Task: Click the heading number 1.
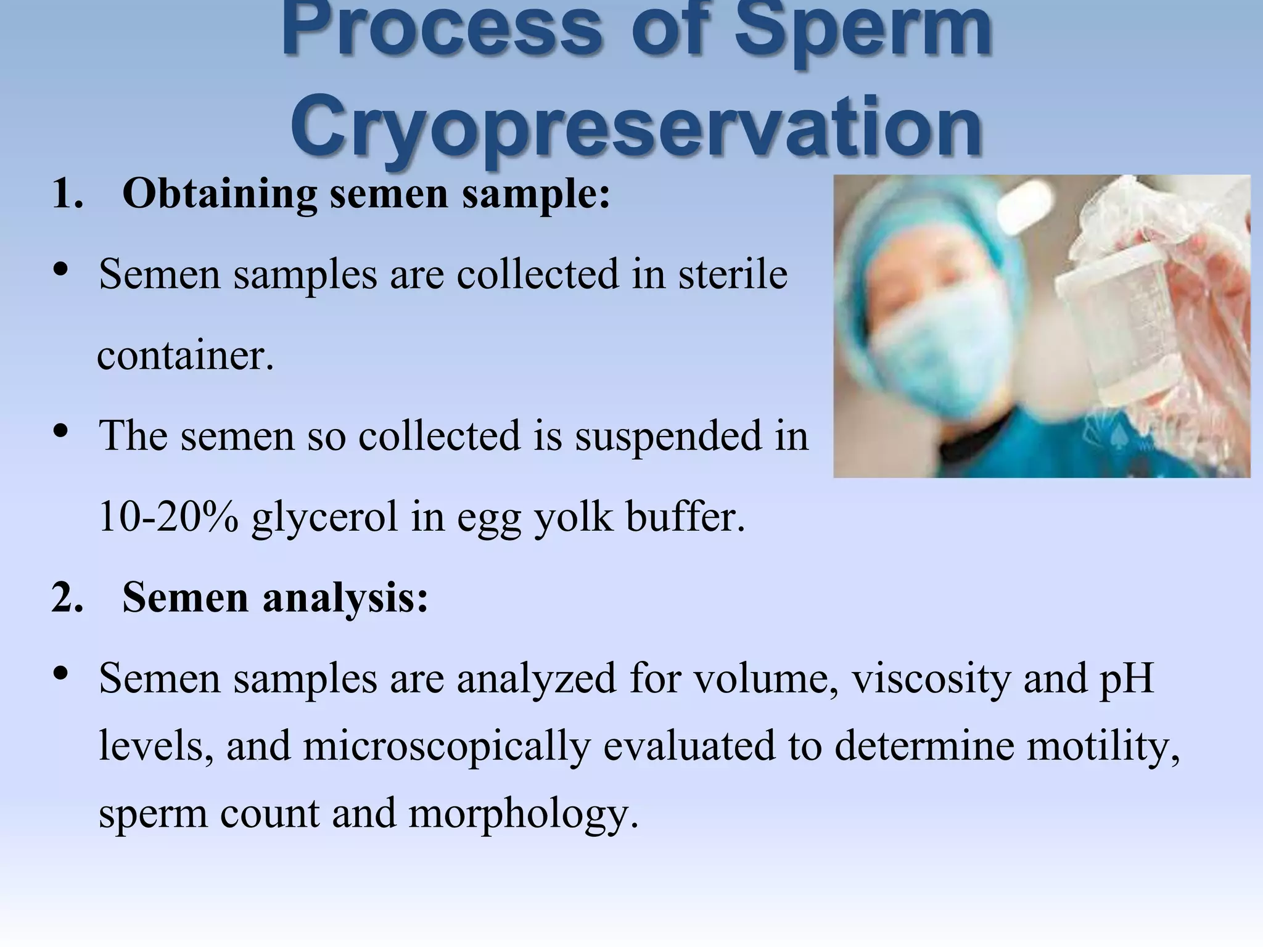pos(67,194)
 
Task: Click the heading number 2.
pos(67,597)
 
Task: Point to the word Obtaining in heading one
pos(219,194)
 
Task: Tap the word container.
pos(185,356)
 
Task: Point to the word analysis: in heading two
pos(345,597)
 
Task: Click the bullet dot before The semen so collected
pos(60,431)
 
